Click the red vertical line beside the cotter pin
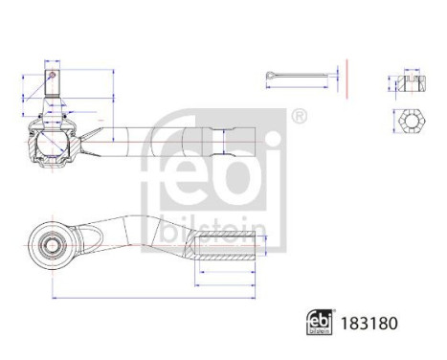pyautogui.click(x=346, y=77)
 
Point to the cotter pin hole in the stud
pyautogui.click(x=52, y=72)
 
